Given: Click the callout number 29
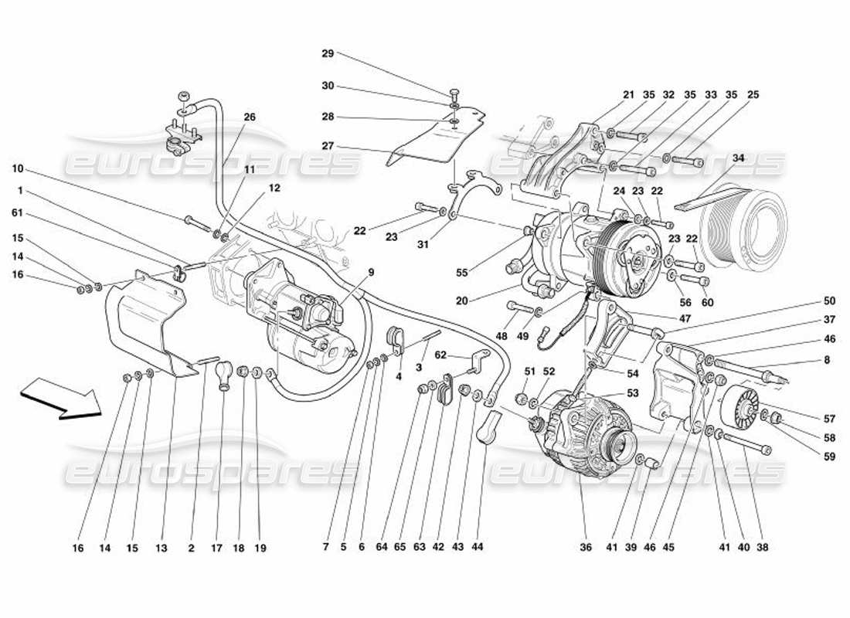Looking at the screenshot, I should tap(328, 53).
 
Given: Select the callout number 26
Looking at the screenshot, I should tap(249, 117).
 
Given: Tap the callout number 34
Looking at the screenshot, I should tap(738, 158).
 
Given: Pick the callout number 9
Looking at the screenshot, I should tap(371, 272).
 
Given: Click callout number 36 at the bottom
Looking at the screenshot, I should tap(585, 548).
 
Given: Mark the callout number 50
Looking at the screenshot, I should tap(829, 301).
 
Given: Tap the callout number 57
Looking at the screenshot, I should tap(829, 419).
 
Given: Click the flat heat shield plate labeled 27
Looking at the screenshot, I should tap(437, 139).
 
